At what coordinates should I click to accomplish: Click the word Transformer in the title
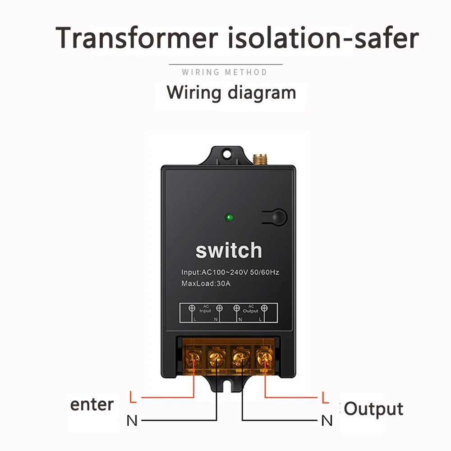137,38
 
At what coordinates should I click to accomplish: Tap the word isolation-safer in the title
322,38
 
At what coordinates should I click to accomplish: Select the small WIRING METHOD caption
225,72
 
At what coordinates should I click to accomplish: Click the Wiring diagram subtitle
231,93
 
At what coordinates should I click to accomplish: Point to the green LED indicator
229,219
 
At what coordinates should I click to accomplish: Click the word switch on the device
228,251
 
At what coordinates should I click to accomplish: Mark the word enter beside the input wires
92,404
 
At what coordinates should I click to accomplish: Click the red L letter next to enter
132,398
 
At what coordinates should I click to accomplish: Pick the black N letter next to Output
327,421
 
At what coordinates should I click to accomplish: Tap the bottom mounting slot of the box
228,386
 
